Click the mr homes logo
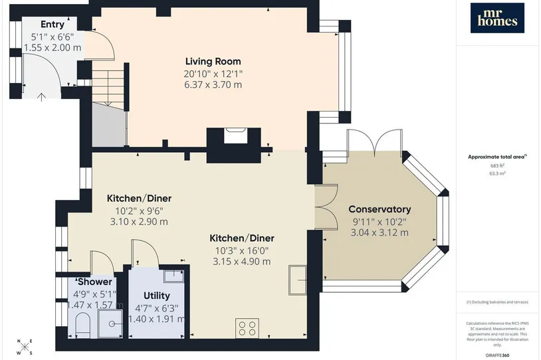click(497, 18)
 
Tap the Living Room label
click(213, 61)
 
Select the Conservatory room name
click(379, 209)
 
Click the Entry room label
click(53, 25)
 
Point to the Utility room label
click(157, 296)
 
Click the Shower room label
click(94, 282)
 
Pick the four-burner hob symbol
click(247, 328)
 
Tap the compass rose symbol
click(25, 347)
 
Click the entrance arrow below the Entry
click(41, 97)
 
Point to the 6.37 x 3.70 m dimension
click(213, 85)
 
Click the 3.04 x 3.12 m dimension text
click(379, 232)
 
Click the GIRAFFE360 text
click(497, 355)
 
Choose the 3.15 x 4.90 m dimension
click(241, 262)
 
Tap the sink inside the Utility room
click(173, 276)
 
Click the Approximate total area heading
click(497, 157)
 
